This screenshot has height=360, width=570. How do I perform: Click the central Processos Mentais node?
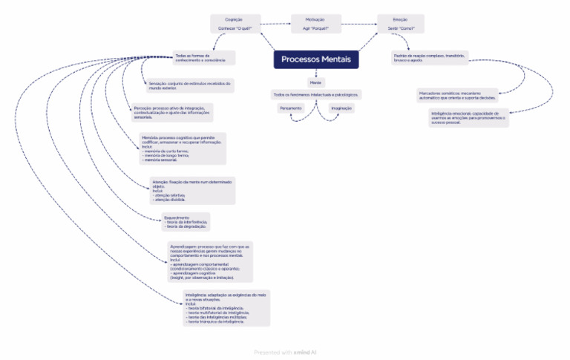pos(316,59)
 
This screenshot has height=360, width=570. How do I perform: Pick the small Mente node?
pos(316,82)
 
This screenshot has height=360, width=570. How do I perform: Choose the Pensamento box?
pos(290,108)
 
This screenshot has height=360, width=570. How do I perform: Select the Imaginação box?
pos(341,108)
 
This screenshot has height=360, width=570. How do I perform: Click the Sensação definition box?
pos(190,85)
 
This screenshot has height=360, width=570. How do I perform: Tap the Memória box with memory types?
pos(182,149)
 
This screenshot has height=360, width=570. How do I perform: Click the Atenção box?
pos(192,191)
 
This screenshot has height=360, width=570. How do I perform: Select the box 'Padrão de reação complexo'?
pos(430,57)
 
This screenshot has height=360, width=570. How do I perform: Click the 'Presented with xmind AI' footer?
pos(285,353)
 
